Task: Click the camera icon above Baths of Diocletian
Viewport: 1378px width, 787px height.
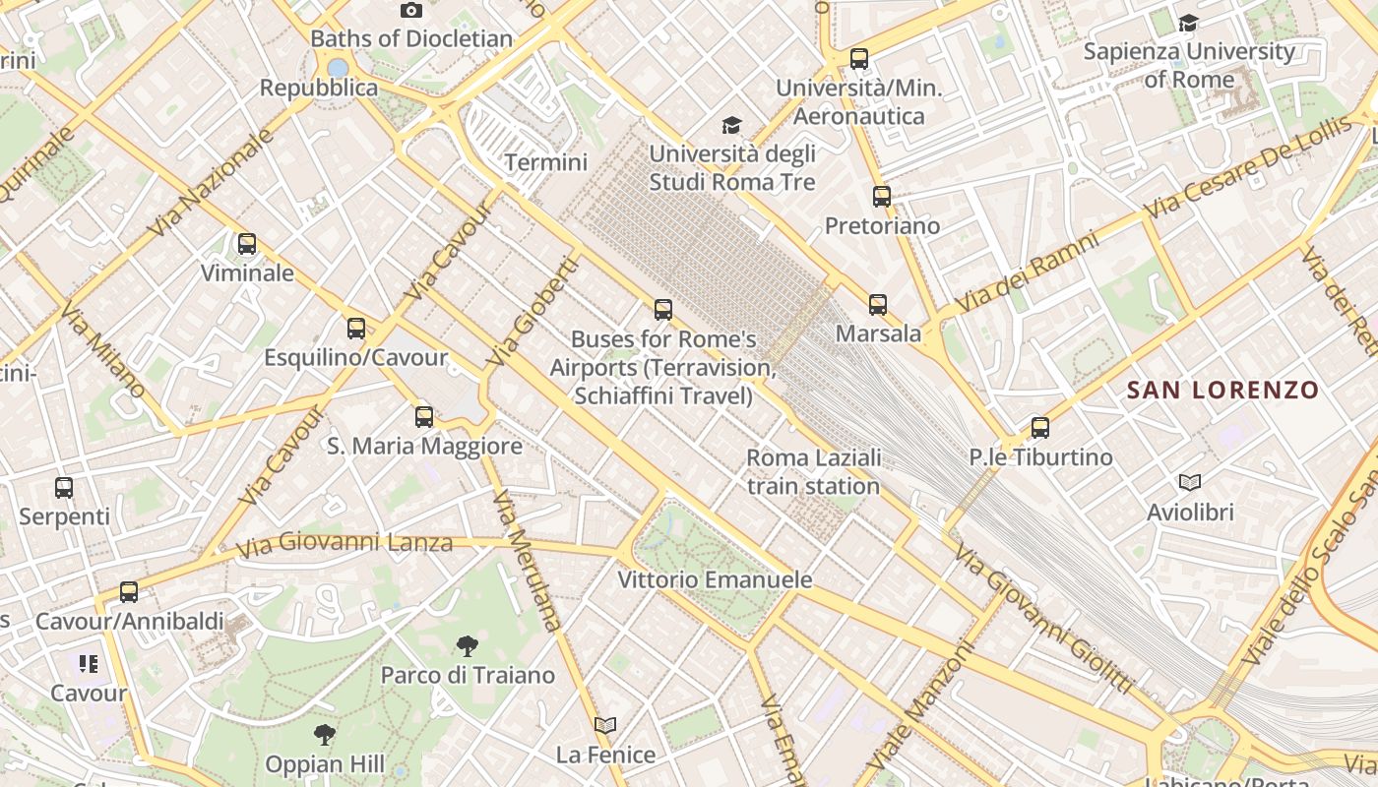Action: [411, 11]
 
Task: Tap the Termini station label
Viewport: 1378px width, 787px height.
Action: [545, 162]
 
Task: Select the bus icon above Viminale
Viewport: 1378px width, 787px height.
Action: [247, 244]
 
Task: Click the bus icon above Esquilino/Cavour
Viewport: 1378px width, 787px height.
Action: [356, 329]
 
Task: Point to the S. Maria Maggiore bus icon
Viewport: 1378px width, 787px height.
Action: [424, 417]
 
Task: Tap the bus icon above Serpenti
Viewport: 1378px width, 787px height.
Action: [64, 488]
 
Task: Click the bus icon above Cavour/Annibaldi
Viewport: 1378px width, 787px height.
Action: [129, 592]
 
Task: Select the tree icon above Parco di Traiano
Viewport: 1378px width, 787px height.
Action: [468, 646]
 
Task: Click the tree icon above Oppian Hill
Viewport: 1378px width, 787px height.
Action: [324, 735]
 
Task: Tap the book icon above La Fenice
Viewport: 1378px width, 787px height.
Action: [605, 726]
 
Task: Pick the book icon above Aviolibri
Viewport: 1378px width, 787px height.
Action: [1190, 483]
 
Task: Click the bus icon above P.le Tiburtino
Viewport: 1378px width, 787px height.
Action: [1040, 428]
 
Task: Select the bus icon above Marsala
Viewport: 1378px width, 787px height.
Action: [878, 305]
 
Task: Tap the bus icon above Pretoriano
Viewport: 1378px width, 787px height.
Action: [882, 197]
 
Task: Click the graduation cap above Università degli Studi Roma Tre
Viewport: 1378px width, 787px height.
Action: [731, 126]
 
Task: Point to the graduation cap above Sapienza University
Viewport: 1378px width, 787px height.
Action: [1189, 23]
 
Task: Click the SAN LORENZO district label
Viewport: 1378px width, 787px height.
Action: [1222, 391]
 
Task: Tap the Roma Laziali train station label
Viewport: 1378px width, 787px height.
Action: [813, 472]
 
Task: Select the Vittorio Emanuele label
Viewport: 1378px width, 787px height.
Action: [715, 580]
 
